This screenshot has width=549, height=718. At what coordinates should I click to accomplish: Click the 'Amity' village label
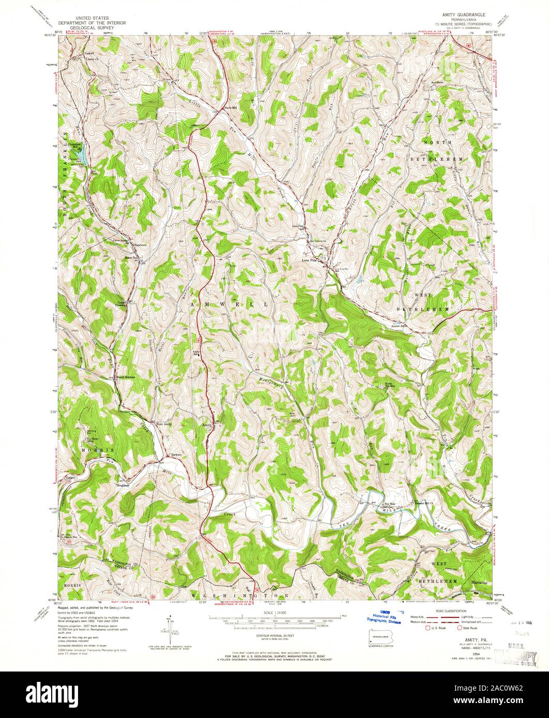point(206,425)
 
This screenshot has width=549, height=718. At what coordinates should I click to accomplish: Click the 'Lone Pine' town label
point(309,261)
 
